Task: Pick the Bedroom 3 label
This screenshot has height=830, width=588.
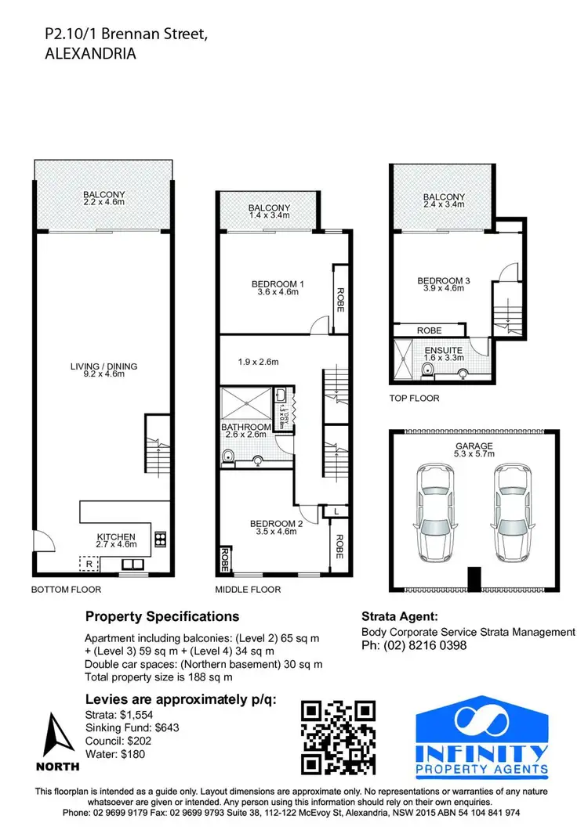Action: click(444, 284)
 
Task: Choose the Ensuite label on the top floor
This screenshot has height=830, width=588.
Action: click(444, 355)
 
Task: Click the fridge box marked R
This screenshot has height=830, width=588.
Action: click(89, 563)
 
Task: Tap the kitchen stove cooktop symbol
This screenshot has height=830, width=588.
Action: click(161, 538)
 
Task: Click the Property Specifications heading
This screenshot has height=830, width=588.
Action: click(162, 617)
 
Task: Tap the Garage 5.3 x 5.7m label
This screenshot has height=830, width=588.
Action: click(473, 449)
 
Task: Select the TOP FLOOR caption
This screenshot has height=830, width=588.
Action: click(414, 399)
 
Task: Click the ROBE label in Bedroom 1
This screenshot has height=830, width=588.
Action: click(340, 299)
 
